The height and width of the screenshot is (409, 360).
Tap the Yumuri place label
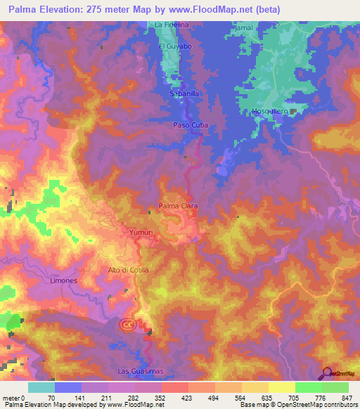pyautogui.click(x=141, y=231)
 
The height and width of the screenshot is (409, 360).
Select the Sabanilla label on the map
pyautogui.click(x=185, y=92)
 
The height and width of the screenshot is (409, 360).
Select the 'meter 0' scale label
pyautogui.click(x=12, y=397)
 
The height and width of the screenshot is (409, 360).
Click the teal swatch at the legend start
pyautogui.click(x=41, y=387)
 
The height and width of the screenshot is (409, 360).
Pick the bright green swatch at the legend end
pyautogui.click(x=335, y=387)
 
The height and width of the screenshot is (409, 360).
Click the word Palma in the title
pyautogui.click(x=25, y=10)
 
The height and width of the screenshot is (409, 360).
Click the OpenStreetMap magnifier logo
pyautogui.click(x=326, y=374)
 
